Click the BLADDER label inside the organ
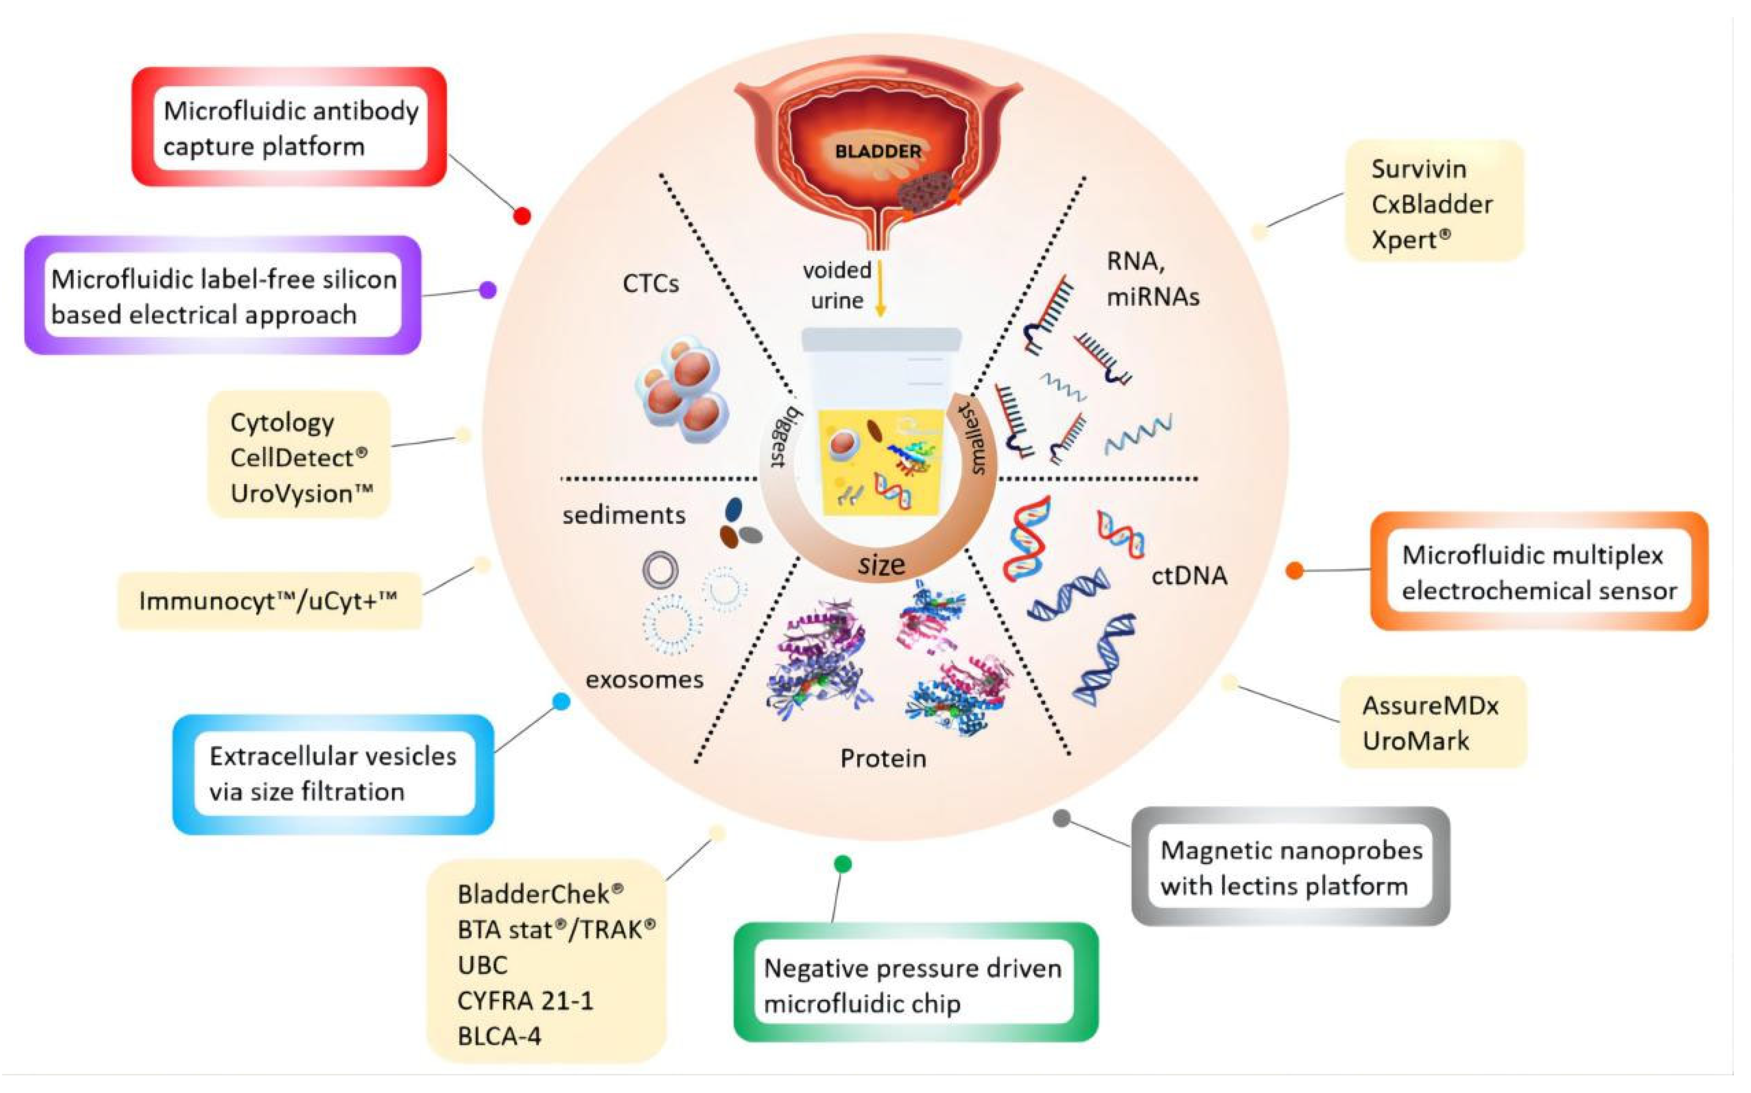click(878, 152)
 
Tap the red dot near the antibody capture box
click(522, 215)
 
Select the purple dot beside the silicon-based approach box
click(489, 290)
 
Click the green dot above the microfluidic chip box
click(843, 863)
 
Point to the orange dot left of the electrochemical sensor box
click(1295, 570)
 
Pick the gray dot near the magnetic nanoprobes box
click(1062, 818)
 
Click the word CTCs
click(651, 284)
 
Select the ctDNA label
click(1189, 576)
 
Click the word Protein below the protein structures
click(883, 758)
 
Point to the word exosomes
click(644, 680)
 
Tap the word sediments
click(624, 515)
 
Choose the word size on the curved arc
click(882, 564)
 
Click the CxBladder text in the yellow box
click(1432, 204)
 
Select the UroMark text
click(1416, 741)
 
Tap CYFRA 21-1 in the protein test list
click(525, 1000)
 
